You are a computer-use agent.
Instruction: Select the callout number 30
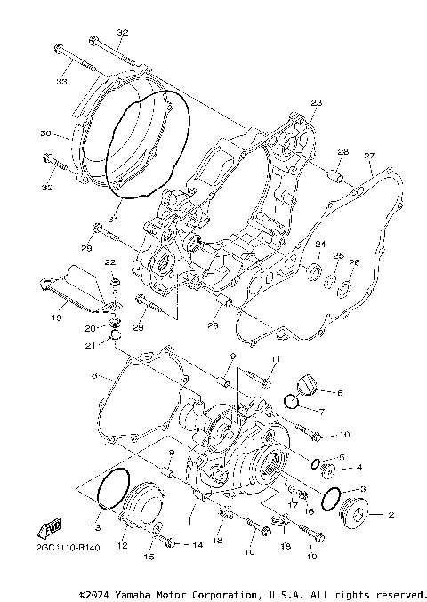(x=44, y=135)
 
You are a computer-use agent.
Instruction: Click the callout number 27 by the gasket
(x=369, y=156)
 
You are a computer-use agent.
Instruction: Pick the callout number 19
(x=55, y=316)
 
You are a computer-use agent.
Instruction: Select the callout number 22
(x=111, y=262)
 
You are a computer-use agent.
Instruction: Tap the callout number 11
(x=275, y=358)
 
